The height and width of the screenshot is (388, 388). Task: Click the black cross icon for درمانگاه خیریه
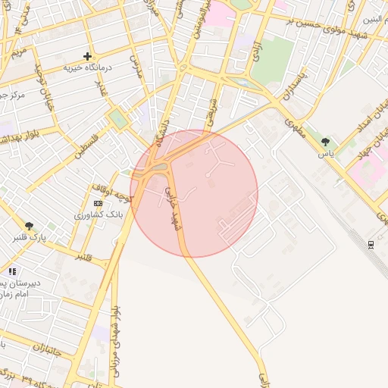click(x=87, y=56)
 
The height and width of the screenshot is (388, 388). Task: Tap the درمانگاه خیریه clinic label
click(x=87, y=68)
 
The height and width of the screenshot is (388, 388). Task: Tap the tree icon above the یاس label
click(x=326, y=142)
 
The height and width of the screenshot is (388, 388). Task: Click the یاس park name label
click(x=325, y=154)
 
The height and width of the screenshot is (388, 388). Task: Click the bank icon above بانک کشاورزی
click(x=97, y=204)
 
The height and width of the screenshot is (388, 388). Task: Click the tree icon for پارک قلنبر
click(x=29, y=225)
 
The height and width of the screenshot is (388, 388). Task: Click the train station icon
click(x=371, y=244)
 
